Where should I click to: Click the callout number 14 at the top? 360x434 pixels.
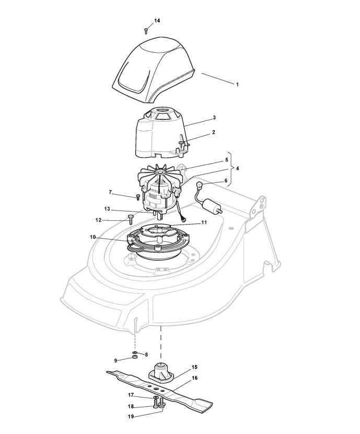click(157, 20)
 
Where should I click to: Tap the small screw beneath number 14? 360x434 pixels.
click(146, 31)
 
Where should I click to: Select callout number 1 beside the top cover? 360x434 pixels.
click(237, 84)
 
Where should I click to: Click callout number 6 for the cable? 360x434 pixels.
click(227, 181)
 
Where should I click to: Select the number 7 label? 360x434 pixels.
click(110, 193)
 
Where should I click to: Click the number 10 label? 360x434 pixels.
click(93, 237)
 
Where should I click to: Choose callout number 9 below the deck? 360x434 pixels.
click(116, 360)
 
